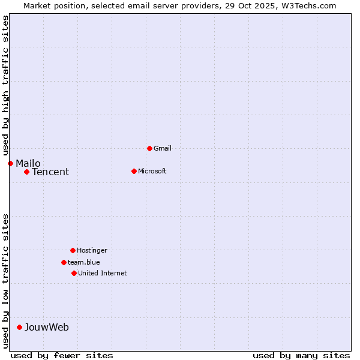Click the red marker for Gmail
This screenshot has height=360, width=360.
tap(149, 148)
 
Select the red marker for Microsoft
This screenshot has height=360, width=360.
tap(134, 171)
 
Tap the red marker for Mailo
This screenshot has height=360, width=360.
tap(10, 163)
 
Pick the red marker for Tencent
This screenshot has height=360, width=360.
tap(26, 172)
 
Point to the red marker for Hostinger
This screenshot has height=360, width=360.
tap(73, 250)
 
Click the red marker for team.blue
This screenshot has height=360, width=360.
tap(64, 262)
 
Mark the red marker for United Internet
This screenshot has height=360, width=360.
tap(74, 273)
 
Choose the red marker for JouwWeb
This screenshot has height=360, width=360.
tap(19, 327)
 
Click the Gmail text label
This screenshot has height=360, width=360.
tap(163, 148)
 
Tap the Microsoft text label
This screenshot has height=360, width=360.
tap(152, 171)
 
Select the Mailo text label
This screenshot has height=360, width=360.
tap(28, 163)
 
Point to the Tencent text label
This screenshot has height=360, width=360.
tap(50, 172)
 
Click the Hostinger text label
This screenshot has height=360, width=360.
tap(92, 250)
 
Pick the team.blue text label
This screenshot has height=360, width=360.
tap(84, 262)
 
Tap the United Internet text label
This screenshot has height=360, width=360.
tap(103, 273)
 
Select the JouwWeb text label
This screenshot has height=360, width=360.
tap(47, 327)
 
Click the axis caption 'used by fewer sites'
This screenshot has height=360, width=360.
tap(62, 355)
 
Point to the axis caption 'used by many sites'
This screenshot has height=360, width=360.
tap(301, 355)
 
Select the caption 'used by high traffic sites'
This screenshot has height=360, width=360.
tap(5, 86)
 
